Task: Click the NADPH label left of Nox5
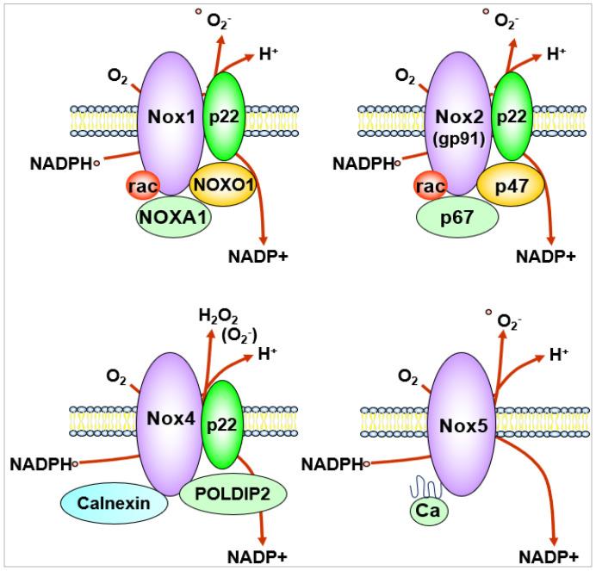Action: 332,464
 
